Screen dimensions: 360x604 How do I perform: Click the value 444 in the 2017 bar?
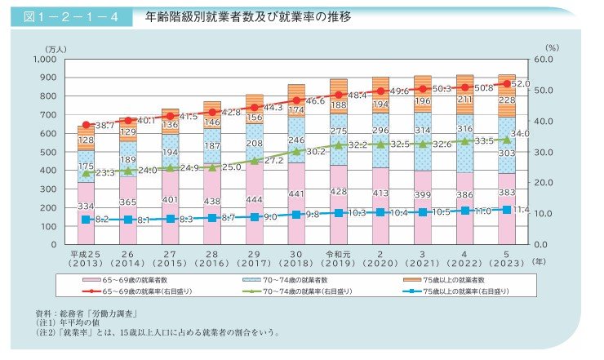click(254, 200)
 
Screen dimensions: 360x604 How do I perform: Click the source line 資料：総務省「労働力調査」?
click(91, 313)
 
